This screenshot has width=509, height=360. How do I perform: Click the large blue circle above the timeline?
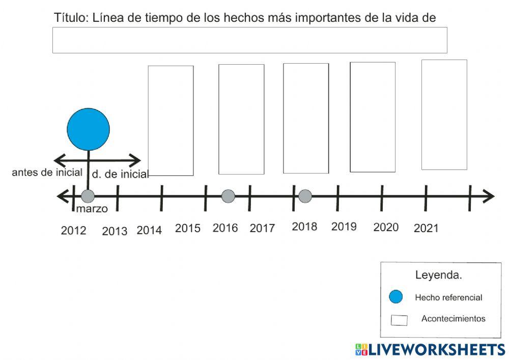click(89, 129)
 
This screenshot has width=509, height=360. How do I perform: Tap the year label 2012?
click(74, 231)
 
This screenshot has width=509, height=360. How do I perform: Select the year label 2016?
click(225, 228)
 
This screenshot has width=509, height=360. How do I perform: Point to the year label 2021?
click(426, 229)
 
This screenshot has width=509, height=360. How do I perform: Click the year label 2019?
click(344, 227)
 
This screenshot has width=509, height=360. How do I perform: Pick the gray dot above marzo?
click(88, 196)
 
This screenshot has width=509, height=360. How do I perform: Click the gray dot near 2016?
click(229, 196)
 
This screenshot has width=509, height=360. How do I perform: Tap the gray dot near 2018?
click(305, 196)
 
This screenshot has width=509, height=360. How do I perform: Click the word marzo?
click(92, 209)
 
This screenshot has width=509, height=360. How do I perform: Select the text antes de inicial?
click(47, 173)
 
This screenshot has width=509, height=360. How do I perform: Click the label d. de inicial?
click(120, 175)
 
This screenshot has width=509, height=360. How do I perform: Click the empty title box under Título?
click(249, 40)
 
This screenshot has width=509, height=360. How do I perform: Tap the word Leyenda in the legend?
click(438, 275)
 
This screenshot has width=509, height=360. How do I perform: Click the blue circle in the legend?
click(395, 297)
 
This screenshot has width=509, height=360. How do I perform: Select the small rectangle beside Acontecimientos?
click(399, 320)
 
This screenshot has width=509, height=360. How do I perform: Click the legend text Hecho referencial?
click(448, 297)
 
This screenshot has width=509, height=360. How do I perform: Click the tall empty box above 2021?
click(444, 115)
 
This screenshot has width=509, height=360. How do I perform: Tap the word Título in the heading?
click(71, 18)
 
